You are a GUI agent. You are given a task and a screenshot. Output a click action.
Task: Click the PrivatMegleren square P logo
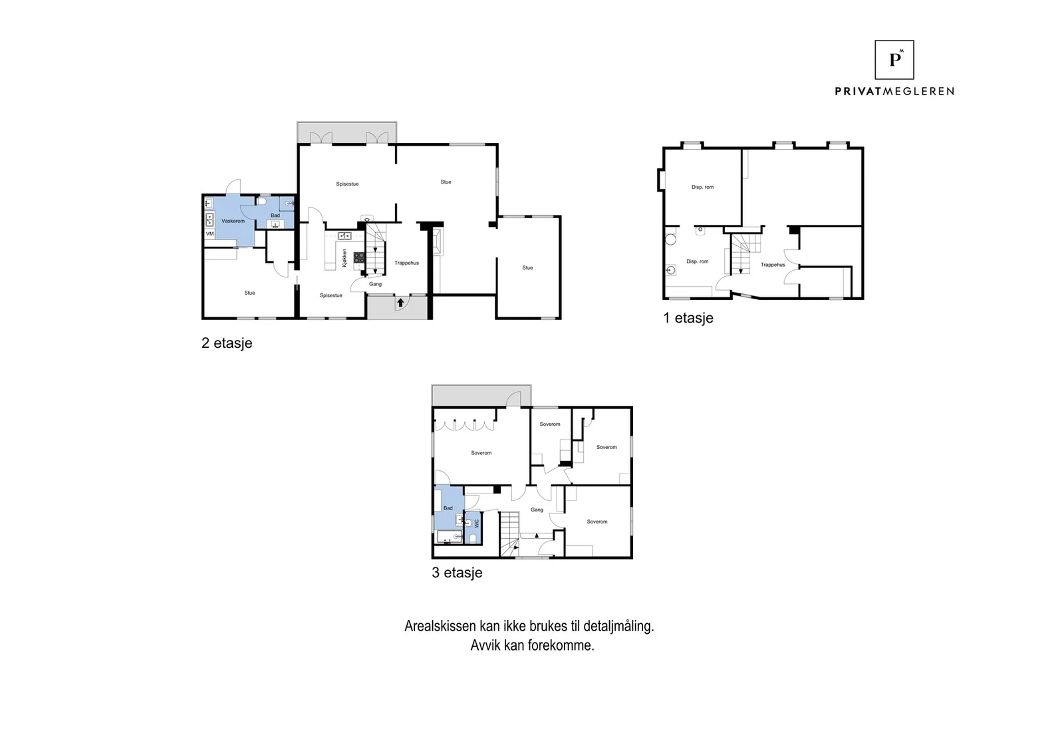[x=894, y=59]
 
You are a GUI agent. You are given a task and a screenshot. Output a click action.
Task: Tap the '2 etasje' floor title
[x=227, y=343]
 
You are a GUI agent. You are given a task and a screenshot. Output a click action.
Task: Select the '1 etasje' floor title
[x=688, y=318]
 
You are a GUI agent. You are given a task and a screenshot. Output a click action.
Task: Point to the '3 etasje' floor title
[x=457, y=573]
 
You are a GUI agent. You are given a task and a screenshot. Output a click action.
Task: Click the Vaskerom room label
[x=233, y=221]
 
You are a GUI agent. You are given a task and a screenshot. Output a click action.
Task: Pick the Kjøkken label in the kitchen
[x=344, y=258]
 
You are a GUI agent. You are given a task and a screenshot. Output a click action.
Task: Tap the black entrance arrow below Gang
[x=400, y=302]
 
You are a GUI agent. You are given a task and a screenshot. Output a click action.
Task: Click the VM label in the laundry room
[x=209, y=233]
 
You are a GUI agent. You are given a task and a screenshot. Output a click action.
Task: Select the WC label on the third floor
[x=477, y=523]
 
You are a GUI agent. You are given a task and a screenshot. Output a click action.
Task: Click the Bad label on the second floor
[x=275, y=216]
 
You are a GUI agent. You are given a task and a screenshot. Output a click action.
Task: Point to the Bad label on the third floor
[x=448, y=508]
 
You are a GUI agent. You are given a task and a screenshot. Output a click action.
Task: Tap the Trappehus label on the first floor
[x=773, y=265]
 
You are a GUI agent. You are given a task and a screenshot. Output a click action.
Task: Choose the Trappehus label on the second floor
[x=406, y=263]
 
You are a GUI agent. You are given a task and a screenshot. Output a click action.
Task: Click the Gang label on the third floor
[x=537, y=510]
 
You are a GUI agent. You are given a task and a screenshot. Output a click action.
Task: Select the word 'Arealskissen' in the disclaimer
[x=440, y=626]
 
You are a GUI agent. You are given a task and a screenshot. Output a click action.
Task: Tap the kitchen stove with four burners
[x=359, y=257]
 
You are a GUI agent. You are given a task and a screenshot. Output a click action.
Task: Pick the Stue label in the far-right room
[x=528, y=267]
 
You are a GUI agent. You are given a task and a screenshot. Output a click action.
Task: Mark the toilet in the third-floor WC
[x=473, y=538]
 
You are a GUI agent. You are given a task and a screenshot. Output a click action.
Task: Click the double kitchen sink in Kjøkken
[x=344, y=235]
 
